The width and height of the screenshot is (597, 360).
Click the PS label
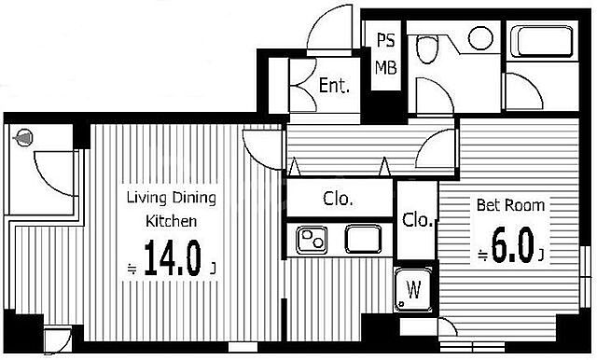[385, 40]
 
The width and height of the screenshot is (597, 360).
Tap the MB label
[385, 67]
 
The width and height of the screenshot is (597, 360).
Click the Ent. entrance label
[334, 85]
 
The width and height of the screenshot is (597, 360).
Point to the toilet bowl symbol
[427, 48]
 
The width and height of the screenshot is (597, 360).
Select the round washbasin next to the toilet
[481, 37]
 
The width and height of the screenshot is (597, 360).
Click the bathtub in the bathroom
[542, 41]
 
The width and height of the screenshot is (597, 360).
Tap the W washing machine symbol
[413, 289]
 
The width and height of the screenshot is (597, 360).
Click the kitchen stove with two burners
[312, 240]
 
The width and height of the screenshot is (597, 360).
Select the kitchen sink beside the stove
[363, 239]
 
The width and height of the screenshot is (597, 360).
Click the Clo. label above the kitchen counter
[338, 199]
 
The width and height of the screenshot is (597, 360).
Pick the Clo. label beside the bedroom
[418, 219]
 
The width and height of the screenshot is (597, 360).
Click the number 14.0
[172, 258]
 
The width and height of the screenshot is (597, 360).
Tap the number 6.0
[512, 244]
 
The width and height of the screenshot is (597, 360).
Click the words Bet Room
[510, 205]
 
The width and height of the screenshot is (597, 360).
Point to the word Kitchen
[172, 221]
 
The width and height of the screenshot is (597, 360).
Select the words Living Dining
[172, 198]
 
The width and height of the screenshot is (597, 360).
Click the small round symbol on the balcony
[23, 138]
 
